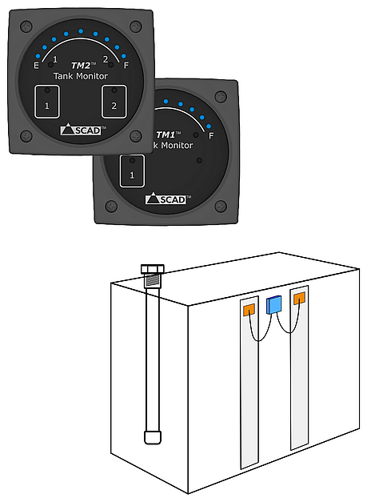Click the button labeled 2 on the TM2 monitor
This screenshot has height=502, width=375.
pos(114,102)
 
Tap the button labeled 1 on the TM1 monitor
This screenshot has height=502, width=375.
pos(132,171)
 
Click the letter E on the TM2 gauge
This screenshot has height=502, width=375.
pos(36,66)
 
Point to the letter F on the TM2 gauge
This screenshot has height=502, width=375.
pos(126,66)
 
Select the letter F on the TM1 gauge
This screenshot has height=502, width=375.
pos(211,136)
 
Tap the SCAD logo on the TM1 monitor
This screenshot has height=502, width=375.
pos(166,199)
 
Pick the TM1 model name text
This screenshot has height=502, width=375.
pos(168,135)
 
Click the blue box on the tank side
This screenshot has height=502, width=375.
pos(274,304)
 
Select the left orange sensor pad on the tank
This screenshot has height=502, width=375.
pos(249,310)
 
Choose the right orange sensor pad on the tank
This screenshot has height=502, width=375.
pos(299,298)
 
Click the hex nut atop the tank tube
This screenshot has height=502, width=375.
pos(153,269)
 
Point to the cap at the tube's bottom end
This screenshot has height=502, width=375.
pos(153,437)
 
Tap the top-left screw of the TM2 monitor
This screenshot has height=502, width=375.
pos(26,26)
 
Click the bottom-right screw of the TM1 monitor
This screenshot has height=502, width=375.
pos(221,207)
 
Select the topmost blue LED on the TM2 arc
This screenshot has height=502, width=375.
pos(81,31)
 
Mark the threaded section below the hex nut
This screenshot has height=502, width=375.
pos(153,281)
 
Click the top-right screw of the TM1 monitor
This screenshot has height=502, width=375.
pos(221,96)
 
